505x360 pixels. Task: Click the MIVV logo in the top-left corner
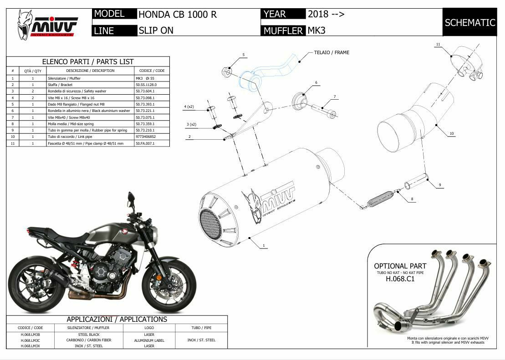pos(47,24)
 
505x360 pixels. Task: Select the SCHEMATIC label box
pos(469,22)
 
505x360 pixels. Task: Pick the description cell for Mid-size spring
pos(90,124)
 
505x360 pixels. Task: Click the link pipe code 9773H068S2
pos(146,137)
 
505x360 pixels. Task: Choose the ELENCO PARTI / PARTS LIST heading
pos(88,61)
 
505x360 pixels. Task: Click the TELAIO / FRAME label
pos(332,53)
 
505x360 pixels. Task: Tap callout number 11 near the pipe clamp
pos(438,45)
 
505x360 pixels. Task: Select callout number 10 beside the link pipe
pos(451,133)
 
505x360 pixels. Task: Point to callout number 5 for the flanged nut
pos(243,55)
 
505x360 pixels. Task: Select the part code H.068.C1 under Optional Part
pos(400,279)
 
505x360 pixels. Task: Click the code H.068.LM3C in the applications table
pos(30,340)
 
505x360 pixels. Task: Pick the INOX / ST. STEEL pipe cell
pos(201,340)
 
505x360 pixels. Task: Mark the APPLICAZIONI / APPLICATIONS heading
pos(117,319)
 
